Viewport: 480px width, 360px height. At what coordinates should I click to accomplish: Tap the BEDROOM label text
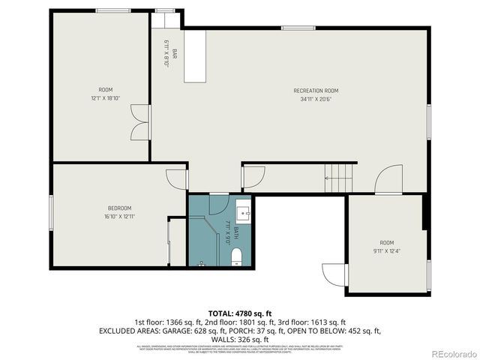119,208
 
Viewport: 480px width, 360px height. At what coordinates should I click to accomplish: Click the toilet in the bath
237,258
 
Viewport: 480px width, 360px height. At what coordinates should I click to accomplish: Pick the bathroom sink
243,210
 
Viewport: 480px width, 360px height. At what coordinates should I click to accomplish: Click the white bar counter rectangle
194,56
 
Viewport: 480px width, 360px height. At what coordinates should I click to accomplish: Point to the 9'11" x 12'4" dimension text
386,251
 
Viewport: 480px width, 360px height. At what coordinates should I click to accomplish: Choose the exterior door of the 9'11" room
331,274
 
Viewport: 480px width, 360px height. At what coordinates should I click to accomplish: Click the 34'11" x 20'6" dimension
316,98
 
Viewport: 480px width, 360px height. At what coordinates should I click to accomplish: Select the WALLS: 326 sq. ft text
239,339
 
